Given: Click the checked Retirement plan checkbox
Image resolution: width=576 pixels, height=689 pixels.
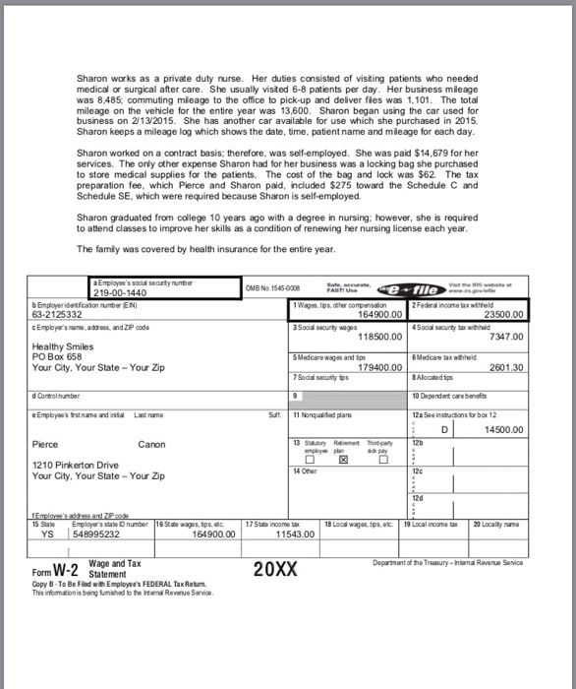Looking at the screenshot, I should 343,459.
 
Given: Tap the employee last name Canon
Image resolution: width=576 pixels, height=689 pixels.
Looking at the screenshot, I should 152,445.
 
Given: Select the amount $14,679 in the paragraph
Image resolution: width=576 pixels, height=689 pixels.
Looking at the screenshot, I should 451,155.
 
